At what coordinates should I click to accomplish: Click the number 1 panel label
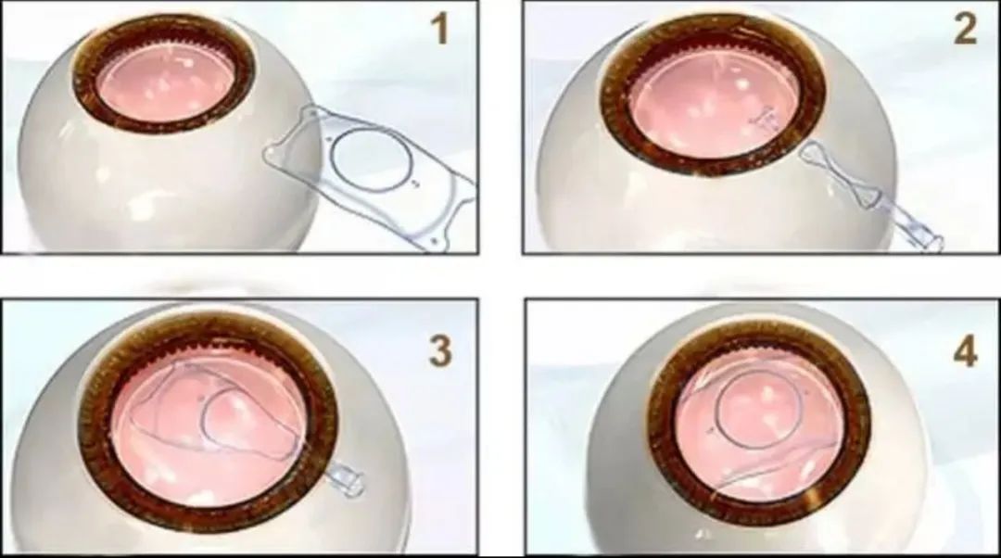pos(440,29)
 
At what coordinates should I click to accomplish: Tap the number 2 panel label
pos(965,29)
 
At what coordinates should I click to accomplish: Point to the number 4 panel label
pos(965,352)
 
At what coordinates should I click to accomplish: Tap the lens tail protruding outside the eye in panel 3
pos(345,480)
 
